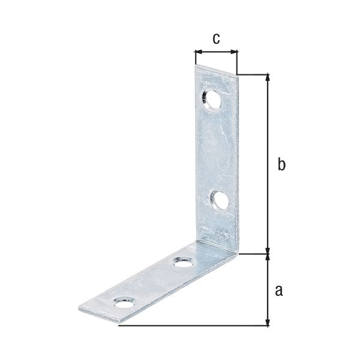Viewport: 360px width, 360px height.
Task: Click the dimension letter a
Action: (x=278, y=291)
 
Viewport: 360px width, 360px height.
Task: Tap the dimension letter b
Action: (x=281, y=164)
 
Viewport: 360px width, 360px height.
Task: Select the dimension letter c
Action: (x=216, y=38)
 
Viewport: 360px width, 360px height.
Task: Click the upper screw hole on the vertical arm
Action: (x=212, y=98)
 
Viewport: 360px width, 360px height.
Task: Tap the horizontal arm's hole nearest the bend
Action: (x=182, y=262)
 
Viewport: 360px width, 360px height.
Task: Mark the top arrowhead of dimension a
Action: (x=268, y=259)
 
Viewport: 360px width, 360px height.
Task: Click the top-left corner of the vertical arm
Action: (x=196, y=67)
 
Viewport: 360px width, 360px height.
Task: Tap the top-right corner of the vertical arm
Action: (x=239, y=74)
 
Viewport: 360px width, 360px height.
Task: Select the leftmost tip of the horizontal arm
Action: (x=79, y=309)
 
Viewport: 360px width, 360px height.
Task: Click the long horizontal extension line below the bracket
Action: (x=192, y=326)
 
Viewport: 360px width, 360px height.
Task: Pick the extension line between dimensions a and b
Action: (x=255, y=254)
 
